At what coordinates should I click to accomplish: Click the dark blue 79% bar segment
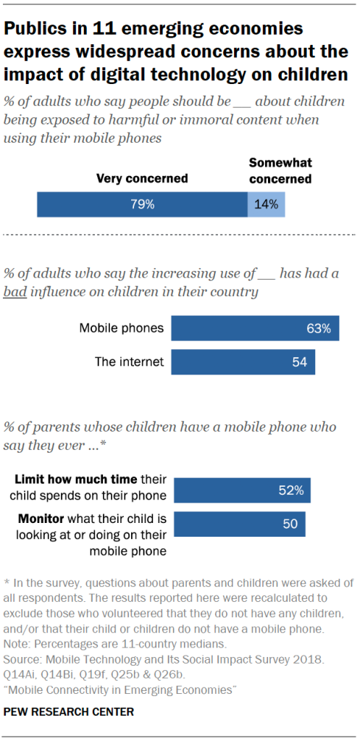pyautogui.click(x=142, y=204)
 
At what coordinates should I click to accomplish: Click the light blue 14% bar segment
pyautogui.click(x=266, y=204)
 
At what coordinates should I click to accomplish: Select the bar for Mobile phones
pyautogui.click(x=255, y=328)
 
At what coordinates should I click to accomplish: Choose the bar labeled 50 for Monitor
pyautogui.click(x=238, y=524)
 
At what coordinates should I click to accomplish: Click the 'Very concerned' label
pyautogui.click(x=142, y=178)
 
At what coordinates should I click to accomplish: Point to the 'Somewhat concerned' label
pyautogui.click(x=280, y=171)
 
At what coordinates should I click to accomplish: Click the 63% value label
pyautogui.click(x=318, y=328)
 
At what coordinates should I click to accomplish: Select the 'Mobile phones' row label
pyautogui.click(x=121, y=328)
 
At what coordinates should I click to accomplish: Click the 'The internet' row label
pyautogui.click(x=129, y=361)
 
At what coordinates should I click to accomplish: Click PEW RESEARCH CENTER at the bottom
pyautogui.click(x=70, y=712)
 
